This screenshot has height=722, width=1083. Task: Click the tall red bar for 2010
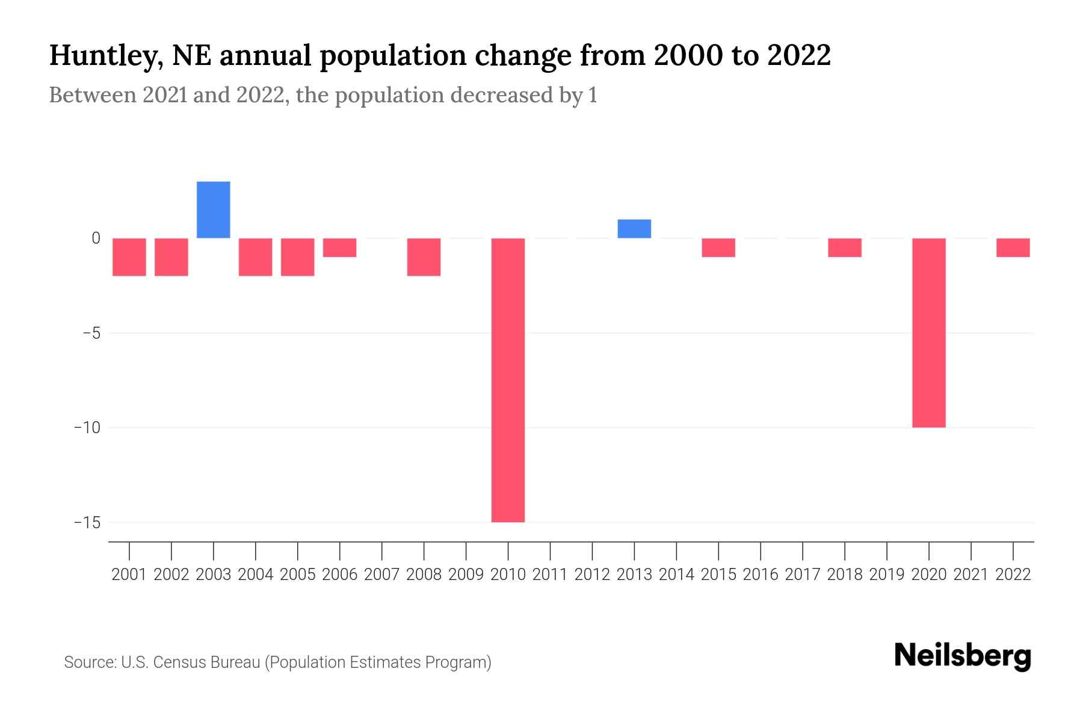click(x=508, y=380)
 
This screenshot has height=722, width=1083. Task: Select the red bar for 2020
click(x=928, y=333)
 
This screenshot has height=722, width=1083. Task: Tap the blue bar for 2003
click(x=214, y=210)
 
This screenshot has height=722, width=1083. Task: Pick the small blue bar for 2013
click(x=634, y=229)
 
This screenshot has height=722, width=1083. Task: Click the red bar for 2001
click(x=129, y=257)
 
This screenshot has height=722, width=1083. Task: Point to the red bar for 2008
click(x=424, y=257)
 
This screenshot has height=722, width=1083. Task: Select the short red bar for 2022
click(x=1013, y=248)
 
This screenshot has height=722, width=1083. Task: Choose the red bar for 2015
click(x=718, y=248)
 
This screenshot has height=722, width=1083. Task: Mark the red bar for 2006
click(x=339, y=248)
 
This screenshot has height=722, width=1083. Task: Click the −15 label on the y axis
click(x=87, y=522)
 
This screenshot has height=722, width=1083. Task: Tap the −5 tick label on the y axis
click(x=90, y=333)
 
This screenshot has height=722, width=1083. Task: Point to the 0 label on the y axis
click(x=96, y=238)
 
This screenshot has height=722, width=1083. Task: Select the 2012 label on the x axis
click(x=592, y=575)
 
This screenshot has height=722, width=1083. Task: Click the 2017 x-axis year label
click(x=802, y=575)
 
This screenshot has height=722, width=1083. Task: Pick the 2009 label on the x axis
click(x=466, y=575)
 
